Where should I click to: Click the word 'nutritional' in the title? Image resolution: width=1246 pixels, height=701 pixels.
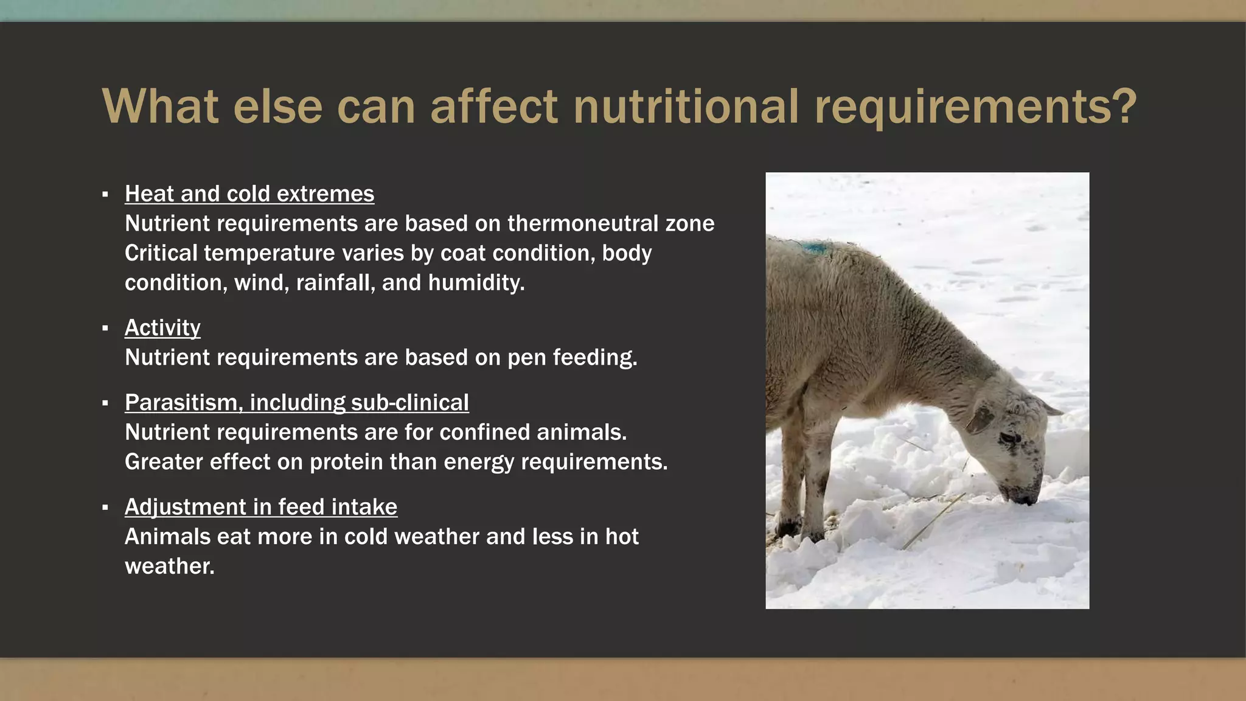[685, 106]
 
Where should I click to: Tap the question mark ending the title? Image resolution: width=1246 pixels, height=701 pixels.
[1123, 106]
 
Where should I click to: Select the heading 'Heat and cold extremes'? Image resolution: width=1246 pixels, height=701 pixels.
[249, 194]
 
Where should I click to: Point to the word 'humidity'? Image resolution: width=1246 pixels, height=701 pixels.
[476, 283]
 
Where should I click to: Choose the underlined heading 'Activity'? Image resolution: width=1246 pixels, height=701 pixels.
[162, 328]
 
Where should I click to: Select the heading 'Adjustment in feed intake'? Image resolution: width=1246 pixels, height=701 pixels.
[261, 507]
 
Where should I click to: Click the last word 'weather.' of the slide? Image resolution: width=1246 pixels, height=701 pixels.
[170, 567]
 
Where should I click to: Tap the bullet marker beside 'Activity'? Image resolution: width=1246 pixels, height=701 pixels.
[105, 329]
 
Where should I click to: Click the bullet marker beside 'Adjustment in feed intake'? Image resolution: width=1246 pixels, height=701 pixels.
[105, 507]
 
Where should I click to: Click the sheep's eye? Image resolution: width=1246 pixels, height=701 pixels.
[1009, 438]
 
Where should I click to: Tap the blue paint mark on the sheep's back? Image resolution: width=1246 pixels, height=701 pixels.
[813, 248]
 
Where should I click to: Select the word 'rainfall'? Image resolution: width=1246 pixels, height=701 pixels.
[335, 283]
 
